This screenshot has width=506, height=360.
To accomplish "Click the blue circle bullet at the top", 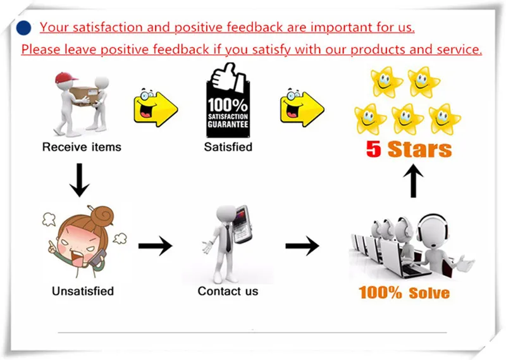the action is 23,28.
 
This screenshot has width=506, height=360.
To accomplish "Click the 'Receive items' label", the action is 82,147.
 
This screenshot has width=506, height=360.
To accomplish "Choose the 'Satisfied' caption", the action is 228,147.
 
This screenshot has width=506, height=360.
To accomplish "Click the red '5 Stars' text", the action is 409,149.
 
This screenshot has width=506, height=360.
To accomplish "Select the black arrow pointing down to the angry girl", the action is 80,178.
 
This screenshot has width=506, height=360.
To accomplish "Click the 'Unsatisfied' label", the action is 82,292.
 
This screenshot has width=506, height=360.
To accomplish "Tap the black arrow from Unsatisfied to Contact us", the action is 155,245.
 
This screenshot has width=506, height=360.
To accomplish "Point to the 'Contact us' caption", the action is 228,292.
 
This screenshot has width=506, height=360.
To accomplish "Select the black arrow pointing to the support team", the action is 302,245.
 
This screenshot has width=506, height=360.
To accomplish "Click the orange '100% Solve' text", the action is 404,293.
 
